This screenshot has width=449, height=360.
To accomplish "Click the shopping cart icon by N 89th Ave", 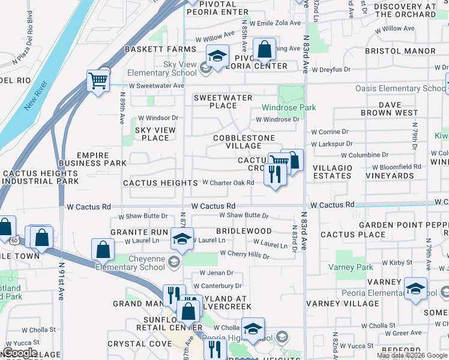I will (x=98, y=79).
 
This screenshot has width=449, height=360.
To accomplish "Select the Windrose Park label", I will (x=288, y=108).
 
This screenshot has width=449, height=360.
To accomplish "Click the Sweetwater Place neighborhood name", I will (x=223, y=101).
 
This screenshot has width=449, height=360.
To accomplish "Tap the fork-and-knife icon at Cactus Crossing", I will (x=275, y=174).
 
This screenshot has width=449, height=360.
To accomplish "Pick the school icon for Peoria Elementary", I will (x=415, y=289).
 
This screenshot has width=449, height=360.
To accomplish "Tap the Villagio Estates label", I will (x=332, y=172).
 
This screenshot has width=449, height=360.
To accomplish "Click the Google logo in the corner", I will (x=20, y=353).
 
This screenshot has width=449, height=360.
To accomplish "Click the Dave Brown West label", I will (x=390, y=109).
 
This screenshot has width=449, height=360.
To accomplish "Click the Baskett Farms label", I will (x=151, y=49).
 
